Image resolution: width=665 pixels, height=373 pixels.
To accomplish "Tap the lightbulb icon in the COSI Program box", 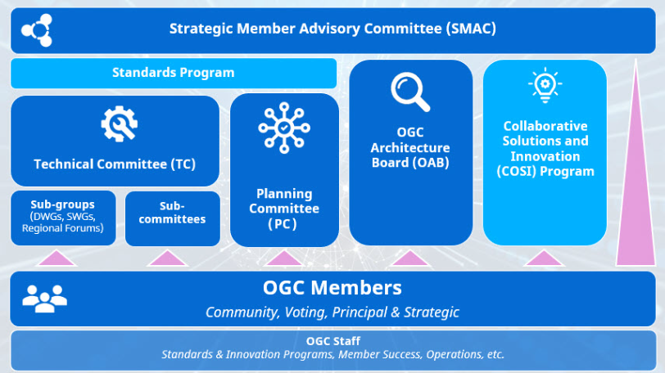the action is tap(545, 85).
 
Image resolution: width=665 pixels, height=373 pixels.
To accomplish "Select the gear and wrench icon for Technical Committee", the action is tap(120, 124).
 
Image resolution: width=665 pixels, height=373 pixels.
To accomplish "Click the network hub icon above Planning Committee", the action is tap(284, 128).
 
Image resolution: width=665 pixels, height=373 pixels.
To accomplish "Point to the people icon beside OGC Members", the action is tap(44, 299).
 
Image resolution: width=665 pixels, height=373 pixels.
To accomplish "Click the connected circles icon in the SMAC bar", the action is tap(37, 30).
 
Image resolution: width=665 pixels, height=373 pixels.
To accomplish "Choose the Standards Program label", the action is tap(174, 73).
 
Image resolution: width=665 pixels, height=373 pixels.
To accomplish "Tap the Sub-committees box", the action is tap(173, 218).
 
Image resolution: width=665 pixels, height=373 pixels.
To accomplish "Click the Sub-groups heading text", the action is tap(63, 204).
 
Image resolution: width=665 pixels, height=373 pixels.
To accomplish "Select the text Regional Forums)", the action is tap(63, 228).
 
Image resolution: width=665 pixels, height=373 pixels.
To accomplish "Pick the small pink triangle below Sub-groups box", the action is tap(57, 258).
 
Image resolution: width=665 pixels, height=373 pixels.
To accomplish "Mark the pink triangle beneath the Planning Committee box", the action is tap(283, 258).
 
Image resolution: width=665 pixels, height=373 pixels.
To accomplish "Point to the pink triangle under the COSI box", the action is tap(543, 258).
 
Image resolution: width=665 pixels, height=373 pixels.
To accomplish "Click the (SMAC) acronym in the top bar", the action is tap(471, 29).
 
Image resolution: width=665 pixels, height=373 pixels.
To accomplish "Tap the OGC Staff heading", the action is tap(333, 341).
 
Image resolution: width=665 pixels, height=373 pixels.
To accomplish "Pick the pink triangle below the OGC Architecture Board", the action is tap(409, 258).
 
